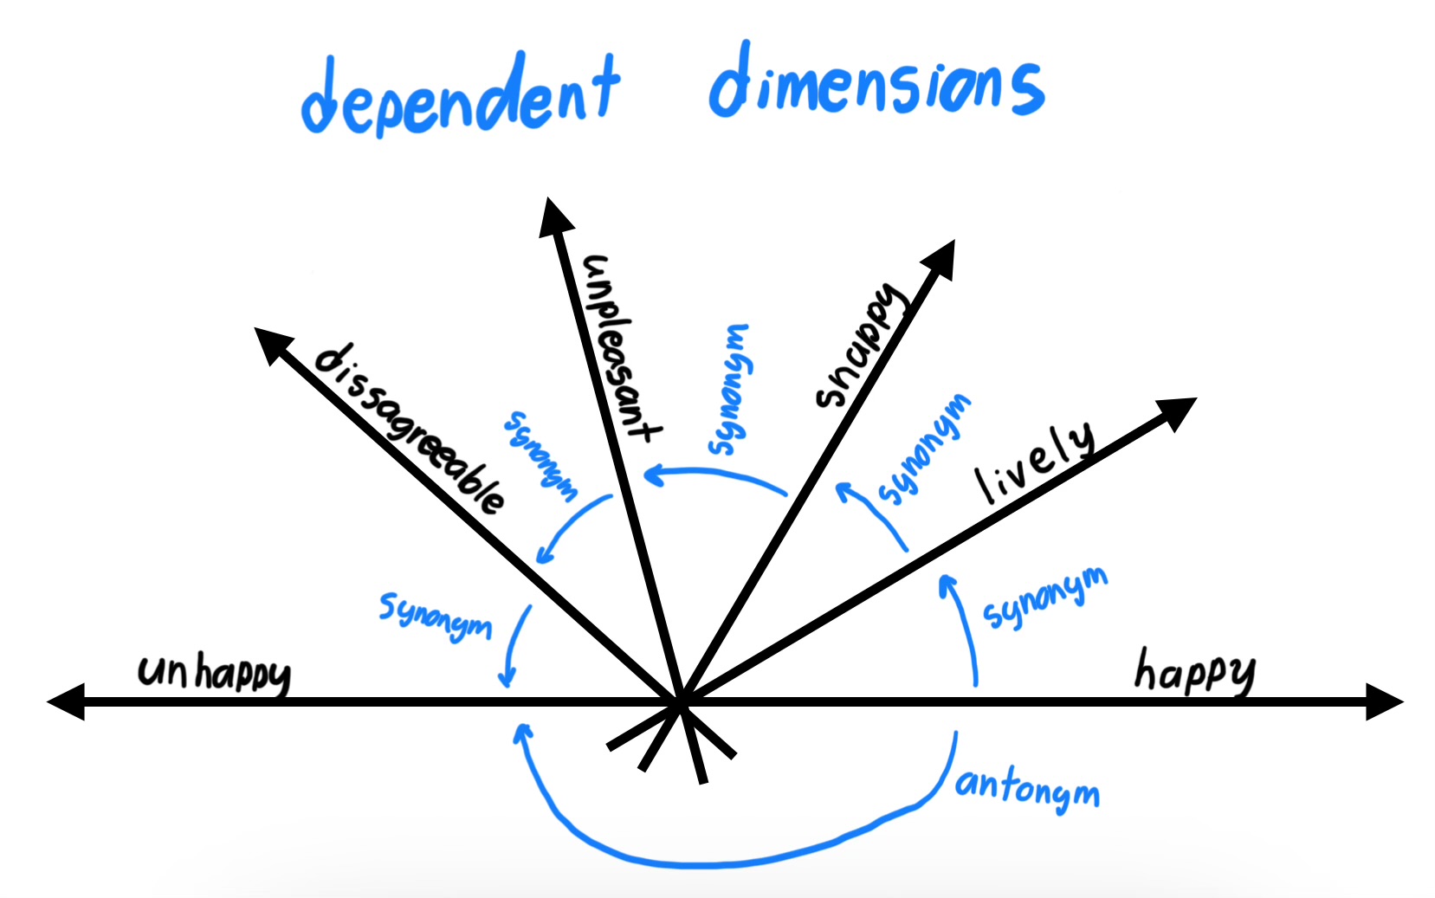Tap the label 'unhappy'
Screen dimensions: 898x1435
[x=214, y=673]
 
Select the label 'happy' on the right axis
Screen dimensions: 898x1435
[x=1195, y=671]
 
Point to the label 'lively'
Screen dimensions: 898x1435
[x=1035, y=462]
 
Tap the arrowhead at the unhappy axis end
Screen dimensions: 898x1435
[x=65, y=701]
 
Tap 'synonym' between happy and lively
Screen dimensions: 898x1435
[x=1044, y=598]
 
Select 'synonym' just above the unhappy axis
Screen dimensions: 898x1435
[x=436, y=615]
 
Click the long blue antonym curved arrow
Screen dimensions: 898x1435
[x=710, y=862]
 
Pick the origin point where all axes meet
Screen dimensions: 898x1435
[x=682, y=702]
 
